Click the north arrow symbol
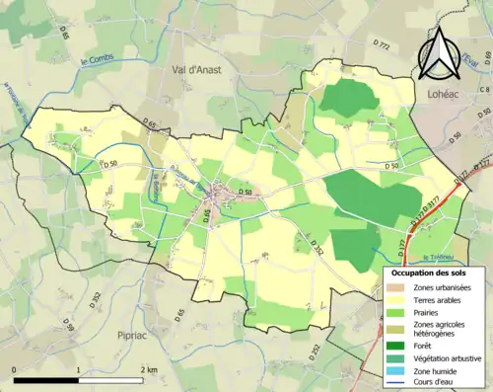point(439,51)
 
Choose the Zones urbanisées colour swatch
point(398,286)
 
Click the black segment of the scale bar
point(45,380)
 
